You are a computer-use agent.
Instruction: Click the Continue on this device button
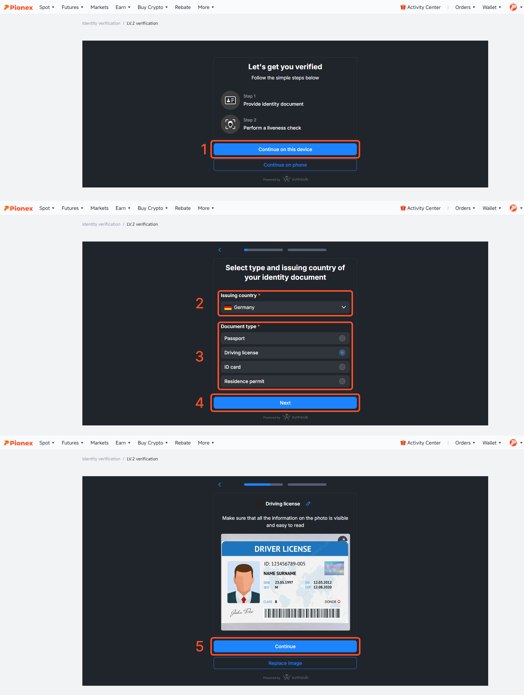(x=285, y=149)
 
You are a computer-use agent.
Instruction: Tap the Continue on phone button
(x=285, y=165)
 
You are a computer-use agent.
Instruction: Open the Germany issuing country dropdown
(x=285, y=307)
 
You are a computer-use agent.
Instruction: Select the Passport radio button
(x=342, y=338)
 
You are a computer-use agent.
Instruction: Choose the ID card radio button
(x=342, y=367)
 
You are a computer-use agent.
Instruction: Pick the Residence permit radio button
(x=342, y=381)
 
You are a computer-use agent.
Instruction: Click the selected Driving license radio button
(x=342, y=353)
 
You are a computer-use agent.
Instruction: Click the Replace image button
(x=285, y=663)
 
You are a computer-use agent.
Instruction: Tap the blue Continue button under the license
(x=285, y=646)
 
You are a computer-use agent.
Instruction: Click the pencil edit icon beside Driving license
(x=308, y=504)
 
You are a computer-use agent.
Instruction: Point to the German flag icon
(x=228, y=307)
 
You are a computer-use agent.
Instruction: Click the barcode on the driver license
(x=302, y=613)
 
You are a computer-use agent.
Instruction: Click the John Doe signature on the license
(x=242, y=612)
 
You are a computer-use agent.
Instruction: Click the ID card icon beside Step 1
(x=230, y=100)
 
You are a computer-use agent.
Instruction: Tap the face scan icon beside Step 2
(x=230, y=124)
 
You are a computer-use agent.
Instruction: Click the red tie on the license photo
(x=243, y=599)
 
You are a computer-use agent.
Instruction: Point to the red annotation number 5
(x=199, y=646)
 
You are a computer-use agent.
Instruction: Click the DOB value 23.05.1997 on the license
(x=284, y=582)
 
